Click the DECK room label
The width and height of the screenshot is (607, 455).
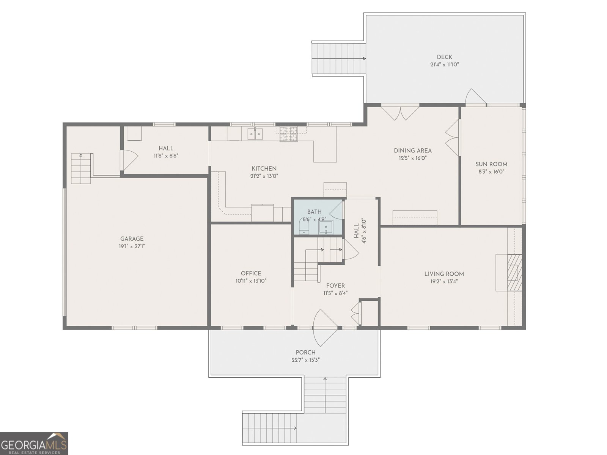coord(444,57)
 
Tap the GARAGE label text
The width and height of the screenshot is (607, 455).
coord(132,239)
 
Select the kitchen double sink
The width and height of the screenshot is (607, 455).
coord(255,134)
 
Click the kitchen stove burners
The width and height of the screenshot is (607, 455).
coord(288,134)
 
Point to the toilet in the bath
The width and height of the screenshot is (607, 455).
coord(304,226)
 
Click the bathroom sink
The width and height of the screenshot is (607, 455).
coord(326,227)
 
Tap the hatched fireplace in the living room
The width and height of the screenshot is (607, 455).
coord(514,272)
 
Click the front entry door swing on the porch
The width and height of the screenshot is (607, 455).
coord(325,328)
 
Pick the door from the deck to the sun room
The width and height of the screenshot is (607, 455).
coord(475,97)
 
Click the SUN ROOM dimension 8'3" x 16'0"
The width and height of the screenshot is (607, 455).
coord(491,171)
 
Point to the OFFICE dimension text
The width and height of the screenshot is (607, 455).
coord(251,281)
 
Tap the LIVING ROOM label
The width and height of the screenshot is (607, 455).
coord(444,274)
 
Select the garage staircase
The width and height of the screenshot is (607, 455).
coord(81,168)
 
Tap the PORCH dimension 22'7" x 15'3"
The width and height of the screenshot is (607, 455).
coord(305,360)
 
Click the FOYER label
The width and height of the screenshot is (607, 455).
coord(335,286)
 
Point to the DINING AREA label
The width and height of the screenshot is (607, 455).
coord(413,151)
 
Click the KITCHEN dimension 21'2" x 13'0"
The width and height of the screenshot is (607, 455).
coord(264,176)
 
